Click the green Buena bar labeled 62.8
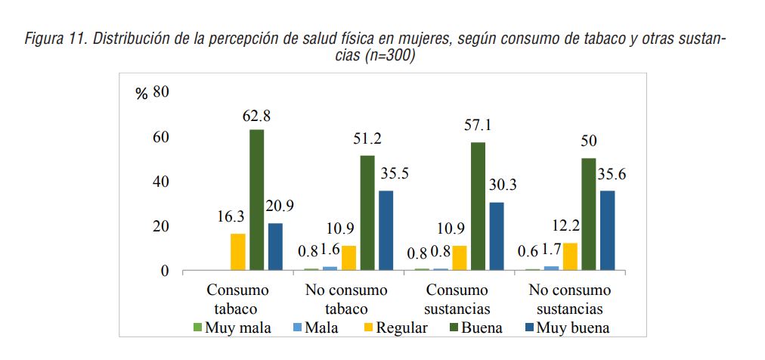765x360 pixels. (256, 200)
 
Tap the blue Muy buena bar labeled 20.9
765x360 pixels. (275, 247)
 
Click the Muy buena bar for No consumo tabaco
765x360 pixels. (386, 230)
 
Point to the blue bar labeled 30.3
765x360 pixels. (496, 236)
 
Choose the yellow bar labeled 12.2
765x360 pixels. (570, 256)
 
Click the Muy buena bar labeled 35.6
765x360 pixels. (607, 230)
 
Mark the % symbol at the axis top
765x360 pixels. (141, 94)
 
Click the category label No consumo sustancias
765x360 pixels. (570, 299)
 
